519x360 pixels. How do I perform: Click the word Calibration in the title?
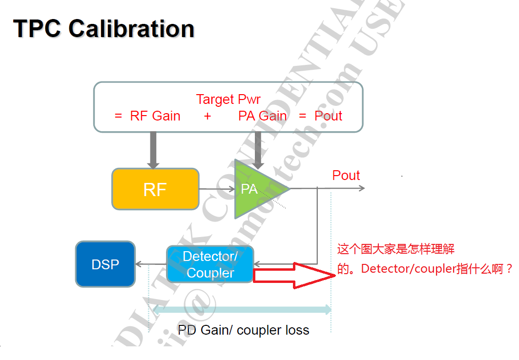(x=131, y=29)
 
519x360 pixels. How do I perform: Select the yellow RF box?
(x=155, y=189)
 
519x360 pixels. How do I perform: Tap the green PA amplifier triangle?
(x=256, y=189)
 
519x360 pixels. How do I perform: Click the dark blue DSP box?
(x=105, y=264)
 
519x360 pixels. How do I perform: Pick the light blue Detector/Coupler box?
(x=210, y=264)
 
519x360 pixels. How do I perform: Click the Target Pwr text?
(x=228, y=100)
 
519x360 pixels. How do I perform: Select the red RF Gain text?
(x=155, y=116)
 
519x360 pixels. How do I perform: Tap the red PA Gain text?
(x=262, y=116)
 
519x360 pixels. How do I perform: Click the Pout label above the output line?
(x=346, y=176)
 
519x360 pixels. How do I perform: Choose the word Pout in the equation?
(x=328, y=116)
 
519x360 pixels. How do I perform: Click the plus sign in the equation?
(x=208, y=116)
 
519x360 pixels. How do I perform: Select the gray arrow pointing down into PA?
(x=259, y=149)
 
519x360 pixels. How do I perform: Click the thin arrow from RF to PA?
(x=217, y=189)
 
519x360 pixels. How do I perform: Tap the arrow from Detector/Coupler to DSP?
(x=151, y=264)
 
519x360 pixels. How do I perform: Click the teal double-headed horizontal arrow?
(x=242, y=309)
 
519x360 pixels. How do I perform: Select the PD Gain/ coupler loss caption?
(x=243, y=330)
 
